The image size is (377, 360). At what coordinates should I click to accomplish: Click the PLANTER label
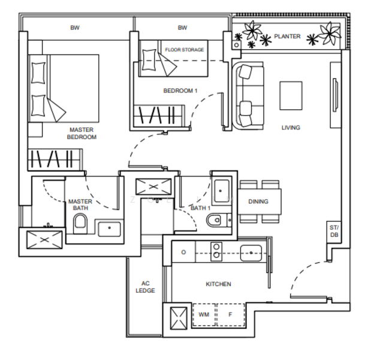(x=287, y=37)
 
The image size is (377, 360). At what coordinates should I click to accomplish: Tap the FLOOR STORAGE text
(x=185, y=50)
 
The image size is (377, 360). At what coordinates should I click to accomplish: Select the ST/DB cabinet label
(x=334, y=231)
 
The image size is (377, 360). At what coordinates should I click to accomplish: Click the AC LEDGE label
(x=145, y=287)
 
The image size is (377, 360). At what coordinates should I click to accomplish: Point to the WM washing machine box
(x=204, y=314)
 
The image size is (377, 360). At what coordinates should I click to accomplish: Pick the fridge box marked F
(x=231, y=314)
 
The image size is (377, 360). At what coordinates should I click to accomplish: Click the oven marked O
(x=183, y=252)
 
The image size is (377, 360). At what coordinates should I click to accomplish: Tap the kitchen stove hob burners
(x=216, y=251)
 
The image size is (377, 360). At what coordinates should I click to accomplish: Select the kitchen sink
(x=251, y=253)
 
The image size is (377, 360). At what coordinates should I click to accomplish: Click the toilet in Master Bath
(x=80, y=224)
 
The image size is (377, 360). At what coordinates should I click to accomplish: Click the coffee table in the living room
(x=291, y=95)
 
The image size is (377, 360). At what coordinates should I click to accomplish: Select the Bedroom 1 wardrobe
(x=159, y=115)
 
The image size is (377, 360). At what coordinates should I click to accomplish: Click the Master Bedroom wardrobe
(x=55, y=159)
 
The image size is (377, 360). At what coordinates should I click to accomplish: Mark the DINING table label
(x=258, y=202)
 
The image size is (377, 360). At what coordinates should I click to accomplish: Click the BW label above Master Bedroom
(x=75, y=28)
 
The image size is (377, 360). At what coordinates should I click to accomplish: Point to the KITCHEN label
(x=218, y=284)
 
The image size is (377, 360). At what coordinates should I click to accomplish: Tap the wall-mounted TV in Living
(x=335, y=95)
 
